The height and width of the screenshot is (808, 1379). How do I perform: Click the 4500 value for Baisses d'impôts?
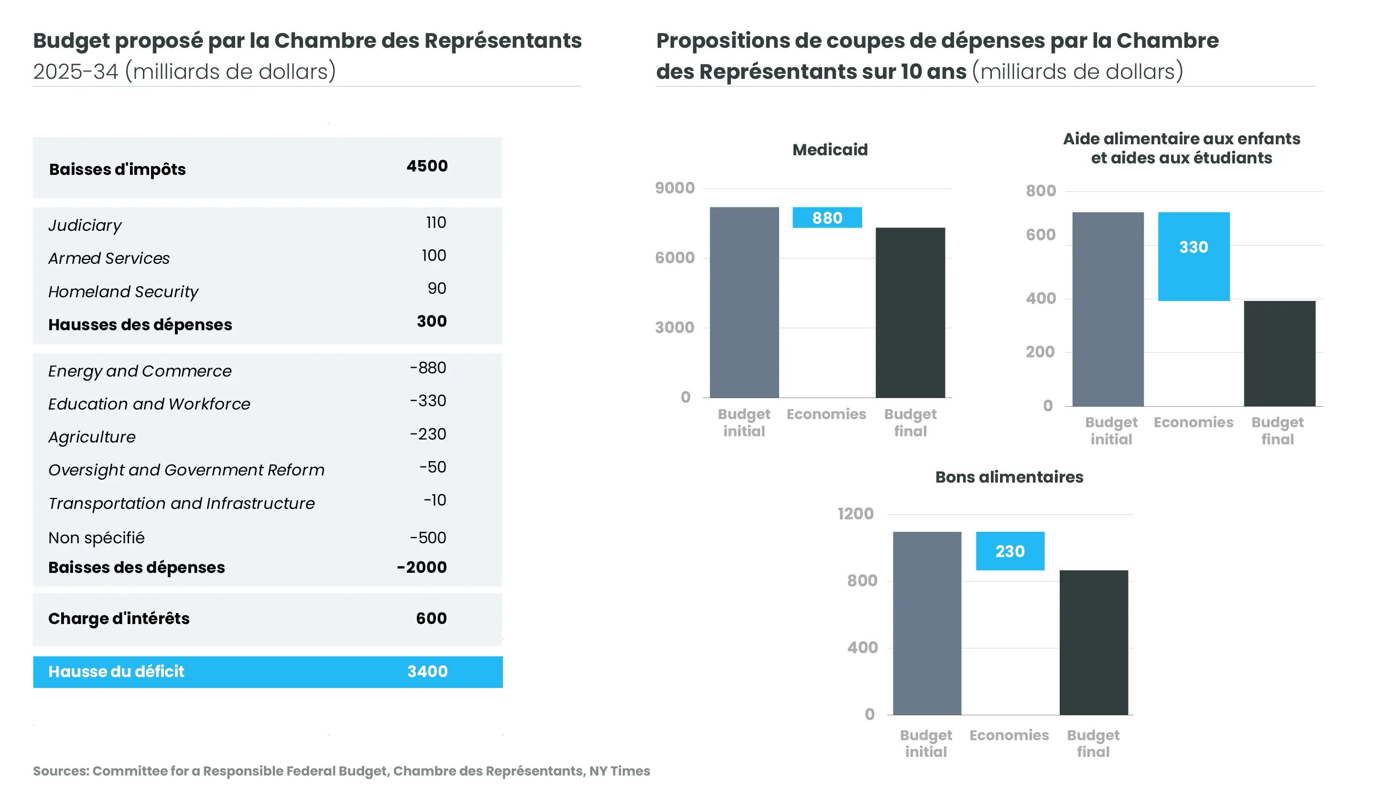coord(427,166)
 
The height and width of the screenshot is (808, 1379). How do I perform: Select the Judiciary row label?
coord(85,226)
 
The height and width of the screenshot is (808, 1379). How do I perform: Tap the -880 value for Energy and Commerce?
coord(428,368)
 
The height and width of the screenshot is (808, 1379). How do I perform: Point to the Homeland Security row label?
coord(123,291)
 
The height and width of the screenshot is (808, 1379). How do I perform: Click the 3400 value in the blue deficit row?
coord(427,672)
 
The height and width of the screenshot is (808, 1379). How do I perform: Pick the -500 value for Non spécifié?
coord(428,538)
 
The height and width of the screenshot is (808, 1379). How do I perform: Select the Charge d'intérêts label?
coord(119,619)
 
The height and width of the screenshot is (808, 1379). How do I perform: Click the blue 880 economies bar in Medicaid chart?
coord(827,218)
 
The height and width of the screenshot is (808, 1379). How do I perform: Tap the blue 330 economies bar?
coord(1194,257)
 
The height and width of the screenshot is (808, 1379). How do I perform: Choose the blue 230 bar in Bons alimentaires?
coord(1010,551)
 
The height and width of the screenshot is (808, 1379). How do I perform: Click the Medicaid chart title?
coord(830,150)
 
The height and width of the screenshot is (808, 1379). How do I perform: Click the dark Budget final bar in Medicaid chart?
coord(910,312)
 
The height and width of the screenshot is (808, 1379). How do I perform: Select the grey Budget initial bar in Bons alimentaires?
coord(926,623)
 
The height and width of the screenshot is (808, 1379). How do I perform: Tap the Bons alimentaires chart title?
coord(1009,477)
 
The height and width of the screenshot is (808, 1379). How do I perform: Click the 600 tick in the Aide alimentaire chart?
coord(1040,235)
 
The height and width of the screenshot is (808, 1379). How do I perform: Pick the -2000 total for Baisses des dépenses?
coord(422,567)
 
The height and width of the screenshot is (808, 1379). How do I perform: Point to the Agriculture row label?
coord(92,437)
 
